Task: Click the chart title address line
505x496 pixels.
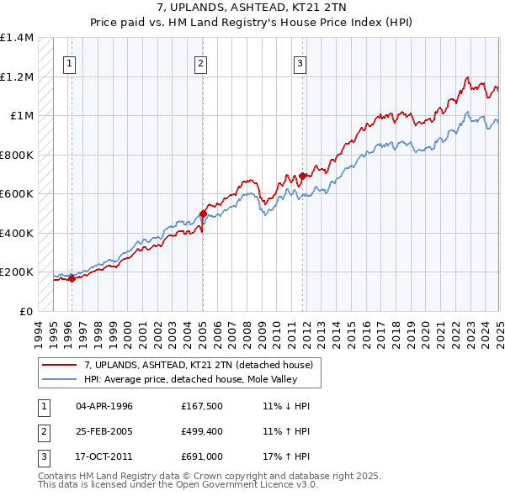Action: [x=252, y=8]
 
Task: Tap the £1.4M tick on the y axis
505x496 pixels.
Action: [x=17, y=38]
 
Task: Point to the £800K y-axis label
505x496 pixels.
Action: [x=17, y=155]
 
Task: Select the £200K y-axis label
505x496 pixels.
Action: [x=17, y=272]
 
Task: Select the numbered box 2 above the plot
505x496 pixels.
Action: [x=200, y=61]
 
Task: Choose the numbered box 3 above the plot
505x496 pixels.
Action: [x=300, y=61]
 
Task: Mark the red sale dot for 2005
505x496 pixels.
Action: [x=203, y=214]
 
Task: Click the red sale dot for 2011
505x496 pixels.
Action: [x=301, y=176]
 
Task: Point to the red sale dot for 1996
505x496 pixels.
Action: [x=72, y=279]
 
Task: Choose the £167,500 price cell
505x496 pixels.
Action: [x=200, y=406]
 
